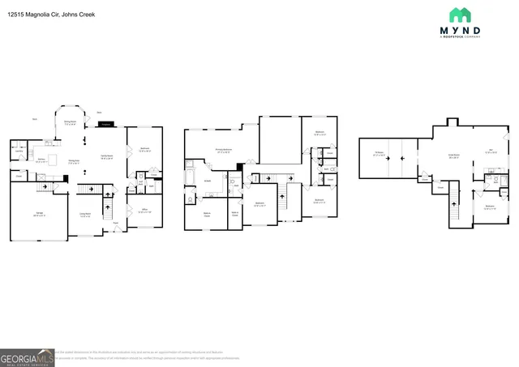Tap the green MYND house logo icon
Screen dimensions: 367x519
[460, 15]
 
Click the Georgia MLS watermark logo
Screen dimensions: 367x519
[28, 357]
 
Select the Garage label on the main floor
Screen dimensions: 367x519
[39, 215]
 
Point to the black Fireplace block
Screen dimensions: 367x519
[105, 125]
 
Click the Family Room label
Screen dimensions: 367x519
[105, 157]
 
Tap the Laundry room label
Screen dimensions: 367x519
[18, 151]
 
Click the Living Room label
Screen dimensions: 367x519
[85, 215]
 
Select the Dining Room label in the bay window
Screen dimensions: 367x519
[71, 124]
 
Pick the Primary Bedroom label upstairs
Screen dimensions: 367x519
[223, 151]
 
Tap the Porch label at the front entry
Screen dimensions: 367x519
[115, 223]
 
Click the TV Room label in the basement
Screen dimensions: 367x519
[379, 153]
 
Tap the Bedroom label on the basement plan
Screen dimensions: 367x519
[490, 207]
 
